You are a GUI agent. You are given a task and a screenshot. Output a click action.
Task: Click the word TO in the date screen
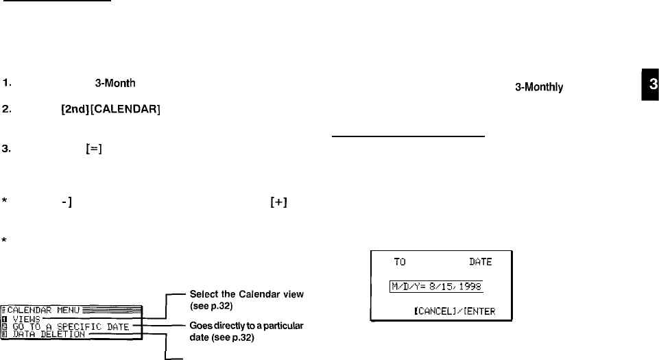tap(400, 262)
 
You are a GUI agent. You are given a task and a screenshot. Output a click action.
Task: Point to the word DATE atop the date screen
tap(480, 262)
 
